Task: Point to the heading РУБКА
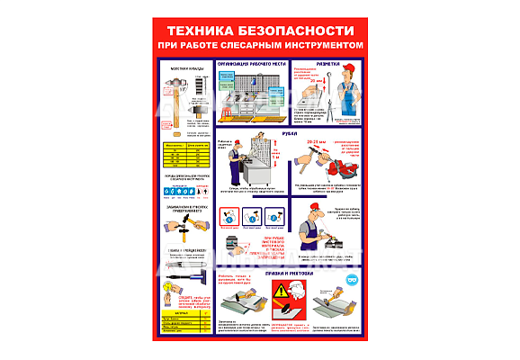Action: (291, 133)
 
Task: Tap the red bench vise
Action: (335, 164)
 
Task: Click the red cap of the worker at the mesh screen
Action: (234, 151)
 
